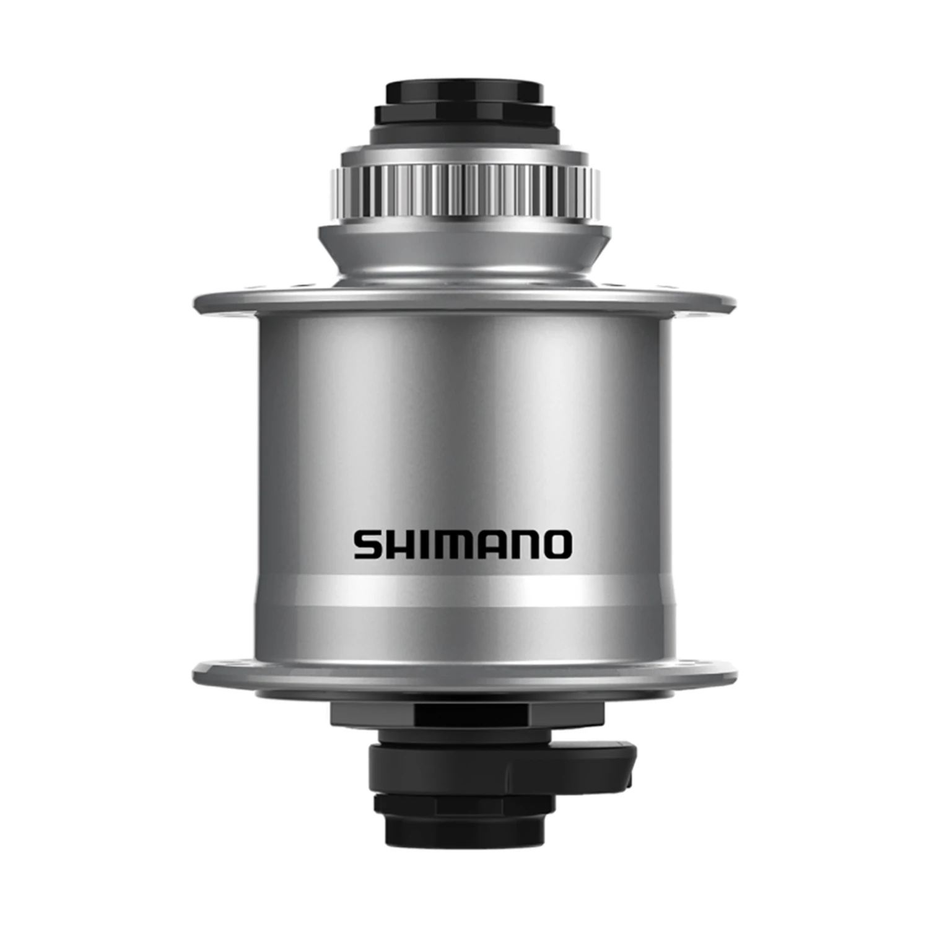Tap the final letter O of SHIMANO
click(557, 545)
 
